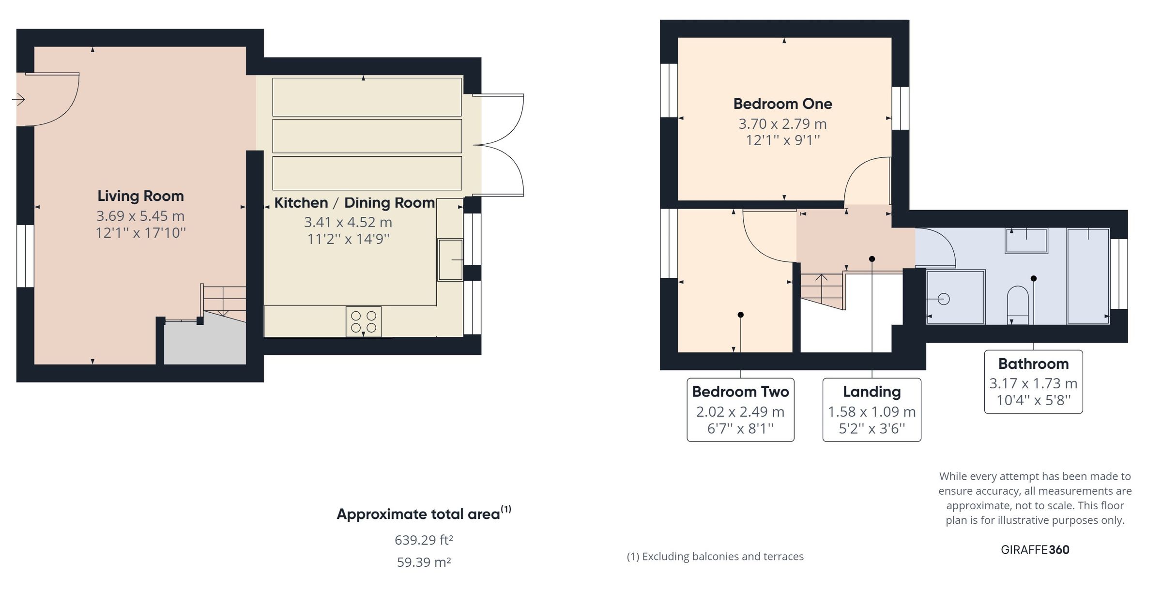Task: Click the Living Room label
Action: click(140, 196)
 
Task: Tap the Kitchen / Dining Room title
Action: click(354, 203)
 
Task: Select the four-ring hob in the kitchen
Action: click(364, 321)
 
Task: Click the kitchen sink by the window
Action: click(450, 259)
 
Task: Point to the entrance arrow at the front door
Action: click(19, 100)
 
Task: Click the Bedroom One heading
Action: click(782, 104)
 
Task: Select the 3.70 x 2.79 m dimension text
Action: click(782, 124)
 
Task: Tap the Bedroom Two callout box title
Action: click(740, 392)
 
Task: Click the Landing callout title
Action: click(871, 392)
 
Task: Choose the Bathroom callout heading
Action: click(1033, 364)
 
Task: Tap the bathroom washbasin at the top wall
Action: click(1026, 241)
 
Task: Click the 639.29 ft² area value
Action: click(424, 540)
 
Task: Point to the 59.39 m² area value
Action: click(424, 562)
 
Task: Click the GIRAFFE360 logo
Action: click(1035, 549)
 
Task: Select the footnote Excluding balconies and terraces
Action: click(715, 557)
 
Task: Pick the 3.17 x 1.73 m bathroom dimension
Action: click(1033, 383)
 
